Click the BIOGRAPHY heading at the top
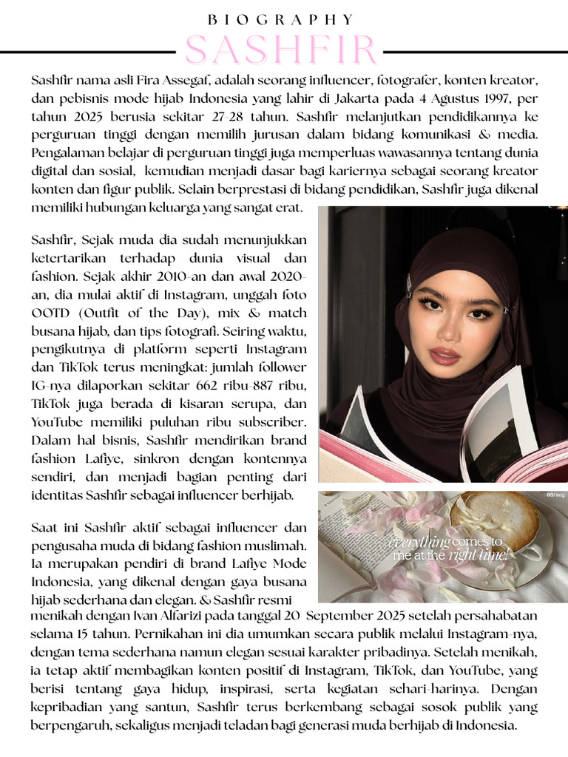point(283,20)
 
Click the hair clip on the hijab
point(410,283)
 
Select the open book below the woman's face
point(444,444)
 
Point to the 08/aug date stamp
point(555,495)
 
